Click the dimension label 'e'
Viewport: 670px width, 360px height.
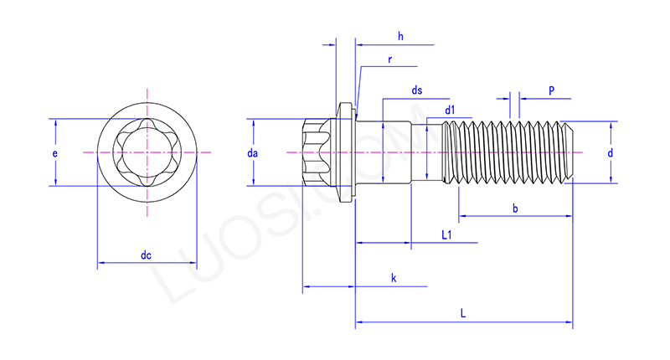54,154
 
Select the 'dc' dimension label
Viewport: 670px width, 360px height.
146,255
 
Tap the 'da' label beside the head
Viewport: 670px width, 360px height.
252,154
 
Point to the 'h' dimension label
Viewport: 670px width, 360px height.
400,36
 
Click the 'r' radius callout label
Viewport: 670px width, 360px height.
390,59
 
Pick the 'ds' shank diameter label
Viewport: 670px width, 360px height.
416,90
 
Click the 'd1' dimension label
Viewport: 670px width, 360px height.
450,110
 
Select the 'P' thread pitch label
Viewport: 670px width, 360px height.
551,90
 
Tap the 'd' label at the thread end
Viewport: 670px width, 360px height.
611,153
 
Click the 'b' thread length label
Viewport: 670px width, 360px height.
515,208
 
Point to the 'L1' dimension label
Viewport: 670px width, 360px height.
446,236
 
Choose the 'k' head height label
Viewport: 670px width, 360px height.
392,277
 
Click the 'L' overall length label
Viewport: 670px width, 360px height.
463,312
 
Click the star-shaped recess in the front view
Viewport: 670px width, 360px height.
147,152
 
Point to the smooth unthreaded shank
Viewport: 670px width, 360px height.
398,152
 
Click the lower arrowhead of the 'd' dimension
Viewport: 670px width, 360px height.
611,178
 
